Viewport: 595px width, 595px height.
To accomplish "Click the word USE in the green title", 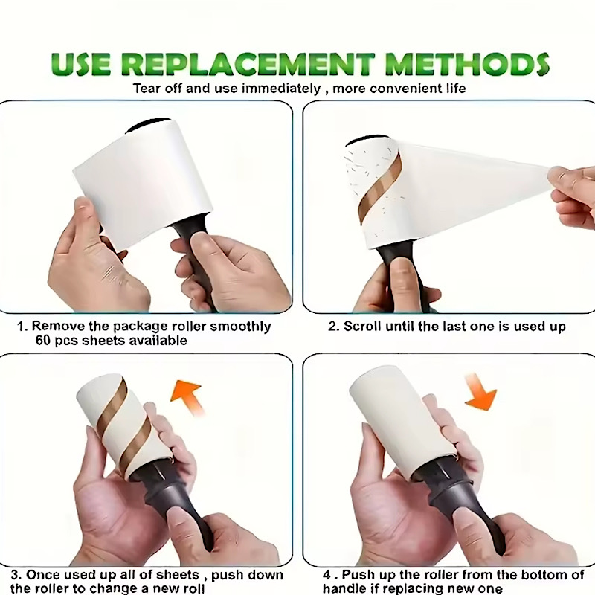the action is point(81,64).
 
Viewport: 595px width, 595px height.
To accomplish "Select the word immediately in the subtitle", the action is point(281,89).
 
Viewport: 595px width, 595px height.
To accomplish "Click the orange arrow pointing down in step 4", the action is point(480,393).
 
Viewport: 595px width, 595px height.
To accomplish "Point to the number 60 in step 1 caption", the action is point(43,341).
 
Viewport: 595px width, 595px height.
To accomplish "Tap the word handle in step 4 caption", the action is point(344,588).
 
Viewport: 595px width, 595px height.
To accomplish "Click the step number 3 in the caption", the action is point(13,574).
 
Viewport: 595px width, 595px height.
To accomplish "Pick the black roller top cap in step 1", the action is point(147,123).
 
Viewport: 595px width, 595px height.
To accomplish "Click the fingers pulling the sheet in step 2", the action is point(572,196).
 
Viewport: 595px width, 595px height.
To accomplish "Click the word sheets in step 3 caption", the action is point(178,574).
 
